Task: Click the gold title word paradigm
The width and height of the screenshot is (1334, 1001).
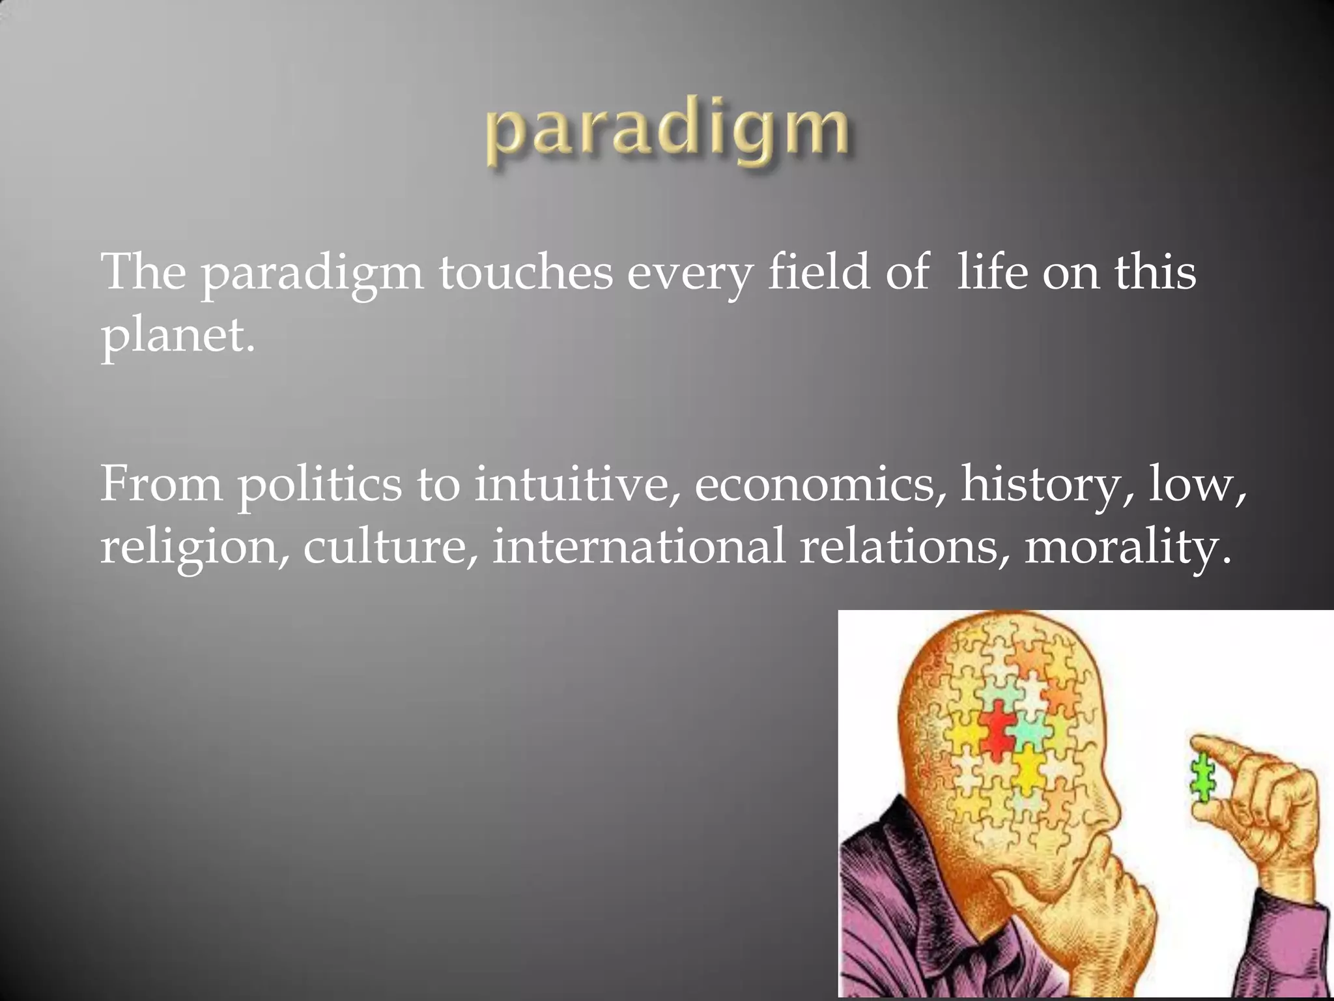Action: pyautogui.click(x=667, y=130)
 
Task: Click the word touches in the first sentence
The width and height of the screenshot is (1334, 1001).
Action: pyautogui.click(x=525, y=272)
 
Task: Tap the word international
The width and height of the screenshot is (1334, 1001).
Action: pyautogui.click(x=638, y=546)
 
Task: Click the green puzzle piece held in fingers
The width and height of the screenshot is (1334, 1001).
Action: pyautogui.click(x=1202, y=788)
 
